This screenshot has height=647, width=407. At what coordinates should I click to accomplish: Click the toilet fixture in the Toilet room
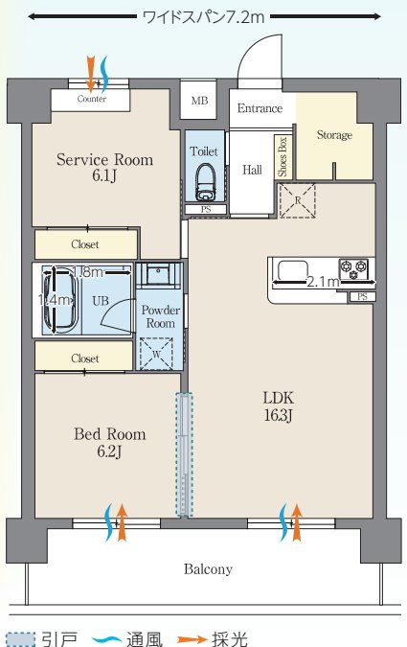[205, 181]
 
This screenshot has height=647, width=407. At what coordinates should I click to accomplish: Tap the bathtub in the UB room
[61, 300]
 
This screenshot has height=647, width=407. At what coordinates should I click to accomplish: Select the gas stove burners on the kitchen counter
[353, 269]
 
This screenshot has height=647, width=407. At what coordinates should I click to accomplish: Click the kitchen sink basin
[293, 270]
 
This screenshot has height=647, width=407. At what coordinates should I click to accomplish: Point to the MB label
[199, 101]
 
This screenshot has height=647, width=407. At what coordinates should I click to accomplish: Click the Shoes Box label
[283, 157]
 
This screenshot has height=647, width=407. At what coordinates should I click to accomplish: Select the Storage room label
[334, 135]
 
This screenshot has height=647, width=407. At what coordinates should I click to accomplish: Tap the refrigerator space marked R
[298, 201]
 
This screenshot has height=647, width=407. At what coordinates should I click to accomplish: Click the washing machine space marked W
[156, 354]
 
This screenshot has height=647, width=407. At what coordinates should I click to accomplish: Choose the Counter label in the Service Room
[92, 99]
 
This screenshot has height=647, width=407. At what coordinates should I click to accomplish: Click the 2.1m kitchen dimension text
[324, 282]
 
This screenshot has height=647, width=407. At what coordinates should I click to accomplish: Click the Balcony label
[208, 569]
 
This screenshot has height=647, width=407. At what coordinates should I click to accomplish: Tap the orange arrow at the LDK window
[297, 522]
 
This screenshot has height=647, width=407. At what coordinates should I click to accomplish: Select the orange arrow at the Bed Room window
[122, 522]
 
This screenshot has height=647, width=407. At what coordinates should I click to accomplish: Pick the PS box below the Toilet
[206, 210]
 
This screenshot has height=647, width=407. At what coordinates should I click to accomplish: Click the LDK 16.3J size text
[279, 415]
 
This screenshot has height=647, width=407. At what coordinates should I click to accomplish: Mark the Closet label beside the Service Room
[85, 244]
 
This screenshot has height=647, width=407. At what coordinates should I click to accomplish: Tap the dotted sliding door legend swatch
[21, 639]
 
